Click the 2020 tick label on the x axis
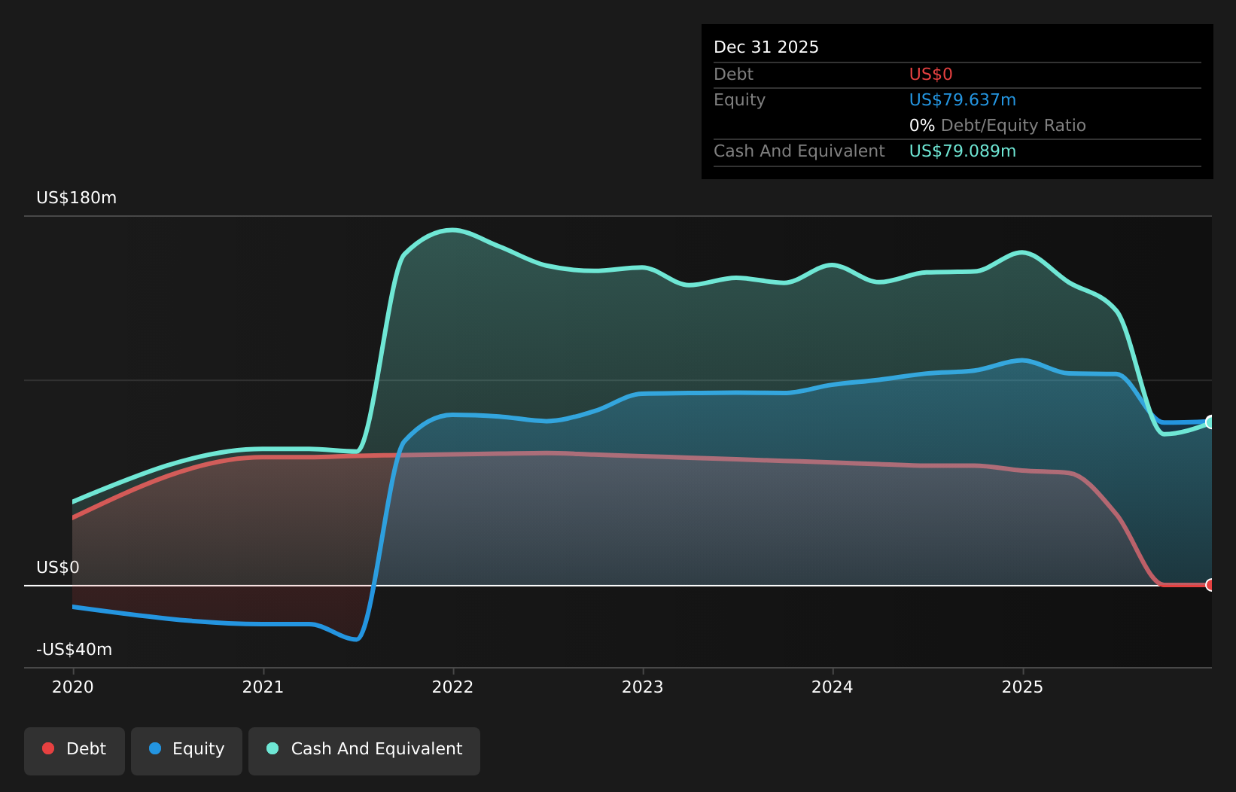[x=73, y=687]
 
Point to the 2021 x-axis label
[x=263, y=687]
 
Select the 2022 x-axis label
[x=452, y=687]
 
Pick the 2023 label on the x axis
[x=643, y=687]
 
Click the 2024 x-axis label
[x=833, y=687]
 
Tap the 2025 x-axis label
[x=1022, y=687]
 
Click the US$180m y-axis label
[x=76, y=198]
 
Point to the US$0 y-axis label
[x=58, y=567]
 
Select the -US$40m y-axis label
[x=74, y=649]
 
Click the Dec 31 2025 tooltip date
[x=766, y=47]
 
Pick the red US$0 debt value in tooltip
[x=930, y=75]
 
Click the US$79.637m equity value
[x=962, y=100]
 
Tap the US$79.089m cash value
[x=962, y=151]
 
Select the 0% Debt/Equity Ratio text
[x=997, y=126]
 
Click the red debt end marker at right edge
[x=1210, y=585]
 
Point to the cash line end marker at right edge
[x=1210, y=422]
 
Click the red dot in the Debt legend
[x=48, y=748]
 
